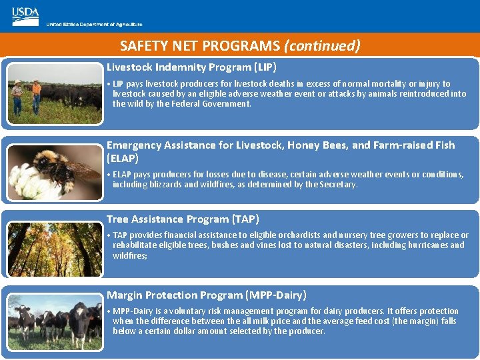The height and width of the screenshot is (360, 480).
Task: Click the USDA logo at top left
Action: (25, 17)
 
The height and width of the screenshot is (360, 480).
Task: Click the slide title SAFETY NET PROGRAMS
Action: (200, 46)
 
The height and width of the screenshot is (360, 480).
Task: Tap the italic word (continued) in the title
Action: (322, 46)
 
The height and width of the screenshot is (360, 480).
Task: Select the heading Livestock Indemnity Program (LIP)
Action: (191, 67)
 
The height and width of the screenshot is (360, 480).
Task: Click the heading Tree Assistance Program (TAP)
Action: (183, 219)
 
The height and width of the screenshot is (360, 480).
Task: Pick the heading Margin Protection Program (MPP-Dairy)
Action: (207, 295)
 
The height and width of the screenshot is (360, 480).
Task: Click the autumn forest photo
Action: (55, 249)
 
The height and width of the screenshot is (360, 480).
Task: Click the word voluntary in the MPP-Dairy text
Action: (189, 311)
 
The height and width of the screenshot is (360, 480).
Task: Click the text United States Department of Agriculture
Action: (94, 24)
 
